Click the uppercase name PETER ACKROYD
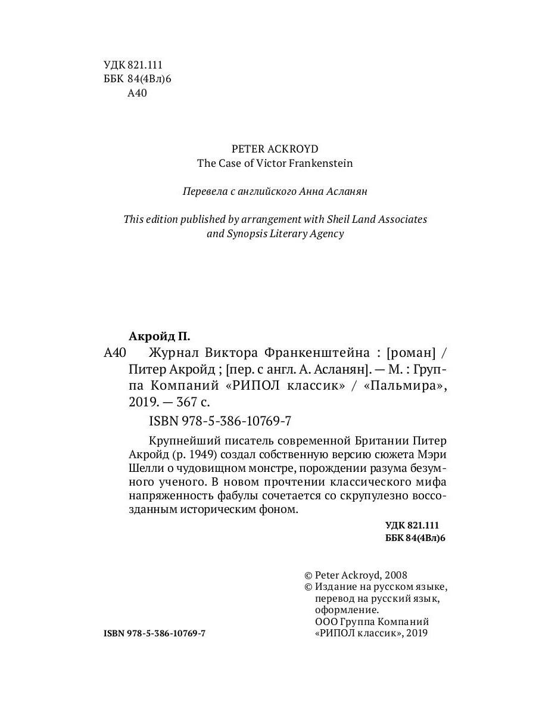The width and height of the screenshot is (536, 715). coord(275,149)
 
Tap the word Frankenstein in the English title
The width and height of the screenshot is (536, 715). coord(322,163)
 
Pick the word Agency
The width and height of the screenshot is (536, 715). coord(326,234)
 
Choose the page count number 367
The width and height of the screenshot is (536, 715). coord(184,402)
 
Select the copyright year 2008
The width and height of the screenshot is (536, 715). coord(395,575)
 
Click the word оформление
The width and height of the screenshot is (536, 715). coord(346,610)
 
